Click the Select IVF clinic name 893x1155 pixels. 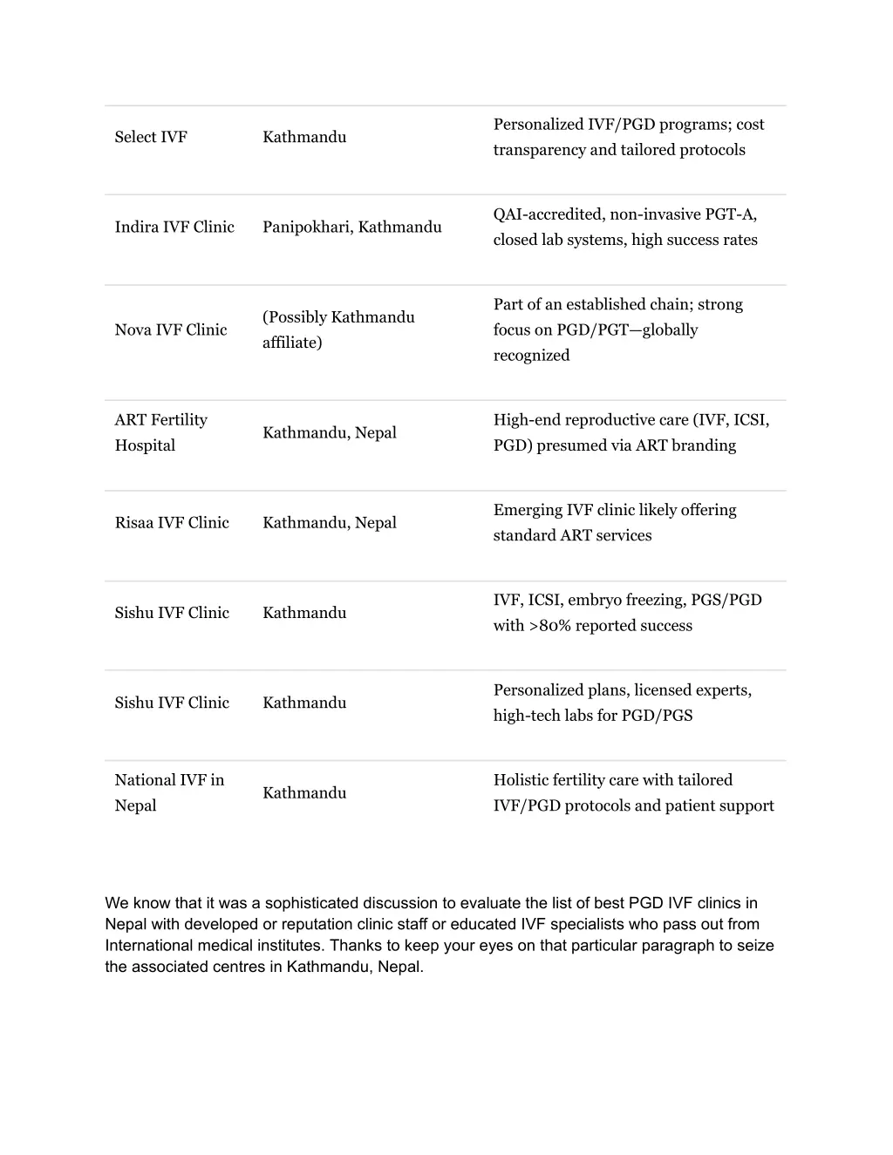click(151, 137)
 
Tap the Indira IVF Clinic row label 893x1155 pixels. click(174, 227)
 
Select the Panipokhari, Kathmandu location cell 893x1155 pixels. click(351, 227)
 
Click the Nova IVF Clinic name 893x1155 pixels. click(171, 330)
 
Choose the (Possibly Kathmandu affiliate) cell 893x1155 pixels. click(338, 330)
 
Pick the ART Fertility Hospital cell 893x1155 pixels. click(161, 432)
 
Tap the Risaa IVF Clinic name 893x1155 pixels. click(172, 522)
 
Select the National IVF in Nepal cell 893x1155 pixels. click(169, 792)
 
